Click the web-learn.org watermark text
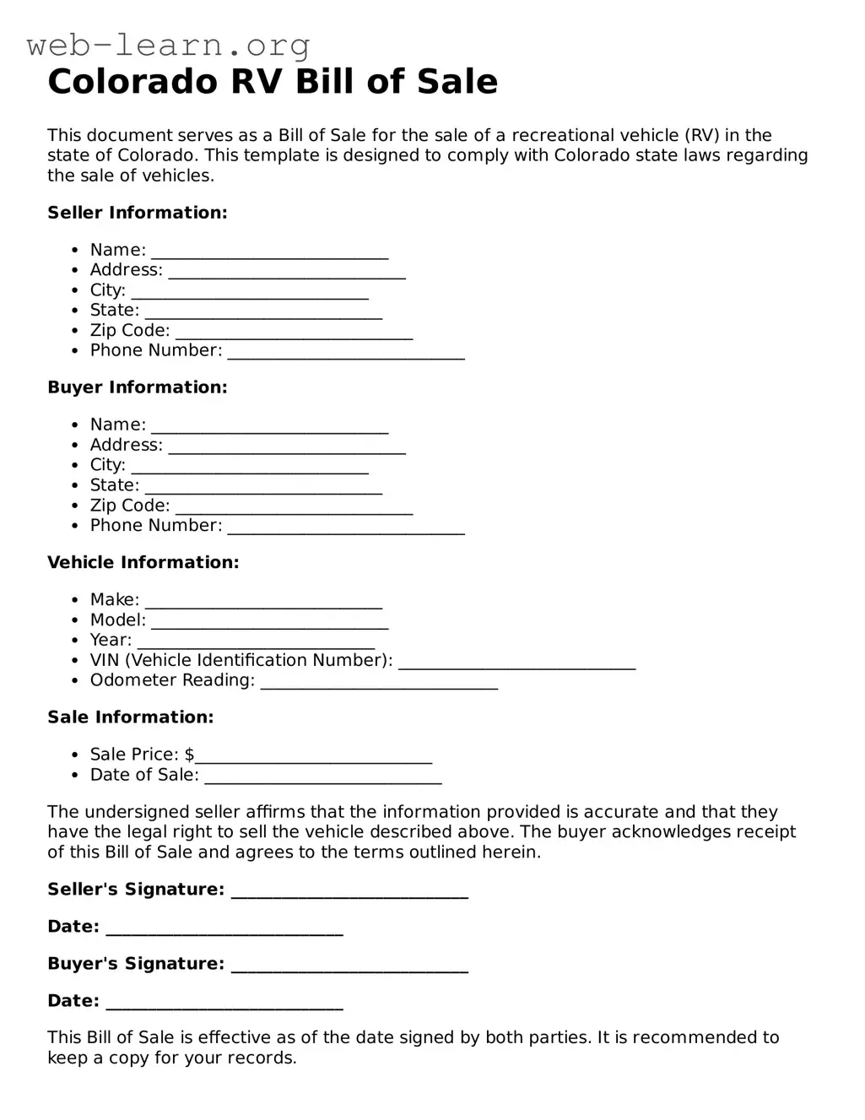[x=169, y=45]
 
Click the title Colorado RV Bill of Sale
[x=273, y=82]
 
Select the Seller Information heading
[x=138, y=213]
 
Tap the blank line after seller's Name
[x=270, y=252]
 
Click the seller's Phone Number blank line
[x=346, y=353]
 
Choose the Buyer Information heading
[x=138, y=387]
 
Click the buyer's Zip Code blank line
[x=294, y=507]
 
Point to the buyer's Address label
[x=127, y=445]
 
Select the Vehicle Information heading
[x=143, y=562]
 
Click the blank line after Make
[x=263, y=602]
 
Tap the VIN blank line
[x=516, y=663]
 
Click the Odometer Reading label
[x=172, y=680]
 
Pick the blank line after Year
[x=256, y=642]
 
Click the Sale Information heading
[x=131, y=717]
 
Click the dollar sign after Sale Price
[x=190, y=755]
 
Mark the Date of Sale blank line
[x=322, y=777]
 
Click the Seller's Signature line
[x=349, y=892]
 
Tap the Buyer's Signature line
[x=349, y=966]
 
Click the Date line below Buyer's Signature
[x=224, y=1004]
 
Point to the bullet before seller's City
[x=75, y=291]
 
